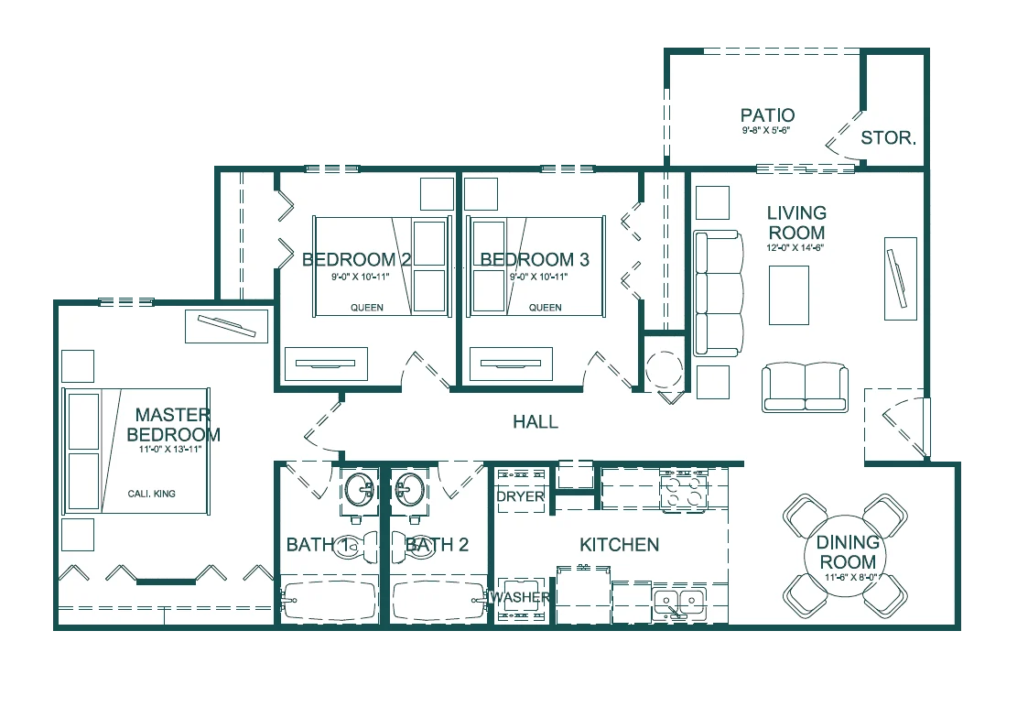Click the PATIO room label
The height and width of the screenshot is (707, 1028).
pos(767,115)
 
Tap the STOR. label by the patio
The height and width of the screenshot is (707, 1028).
pos(888,138)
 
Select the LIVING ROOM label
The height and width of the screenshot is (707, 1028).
pos(795,223)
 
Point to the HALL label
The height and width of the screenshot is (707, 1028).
pos(535,422)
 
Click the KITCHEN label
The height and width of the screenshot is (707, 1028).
pos(619,545)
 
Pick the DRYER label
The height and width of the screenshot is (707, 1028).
pos(520,496)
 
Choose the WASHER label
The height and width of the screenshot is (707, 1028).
pos(522,598)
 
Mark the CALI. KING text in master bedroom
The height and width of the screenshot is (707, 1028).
pos(151,494)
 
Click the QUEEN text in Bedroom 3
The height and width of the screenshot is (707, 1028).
pos(546,308)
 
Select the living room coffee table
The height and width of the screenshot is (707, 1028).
pos(788,295)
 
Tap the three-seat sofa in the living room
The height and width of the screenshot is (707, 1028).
pos(718,293)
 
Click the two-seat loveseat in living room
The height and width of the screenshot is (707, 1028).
pos(805,386)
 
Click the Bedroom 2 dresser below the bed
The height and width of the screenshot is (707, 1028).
pos(326,364)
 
